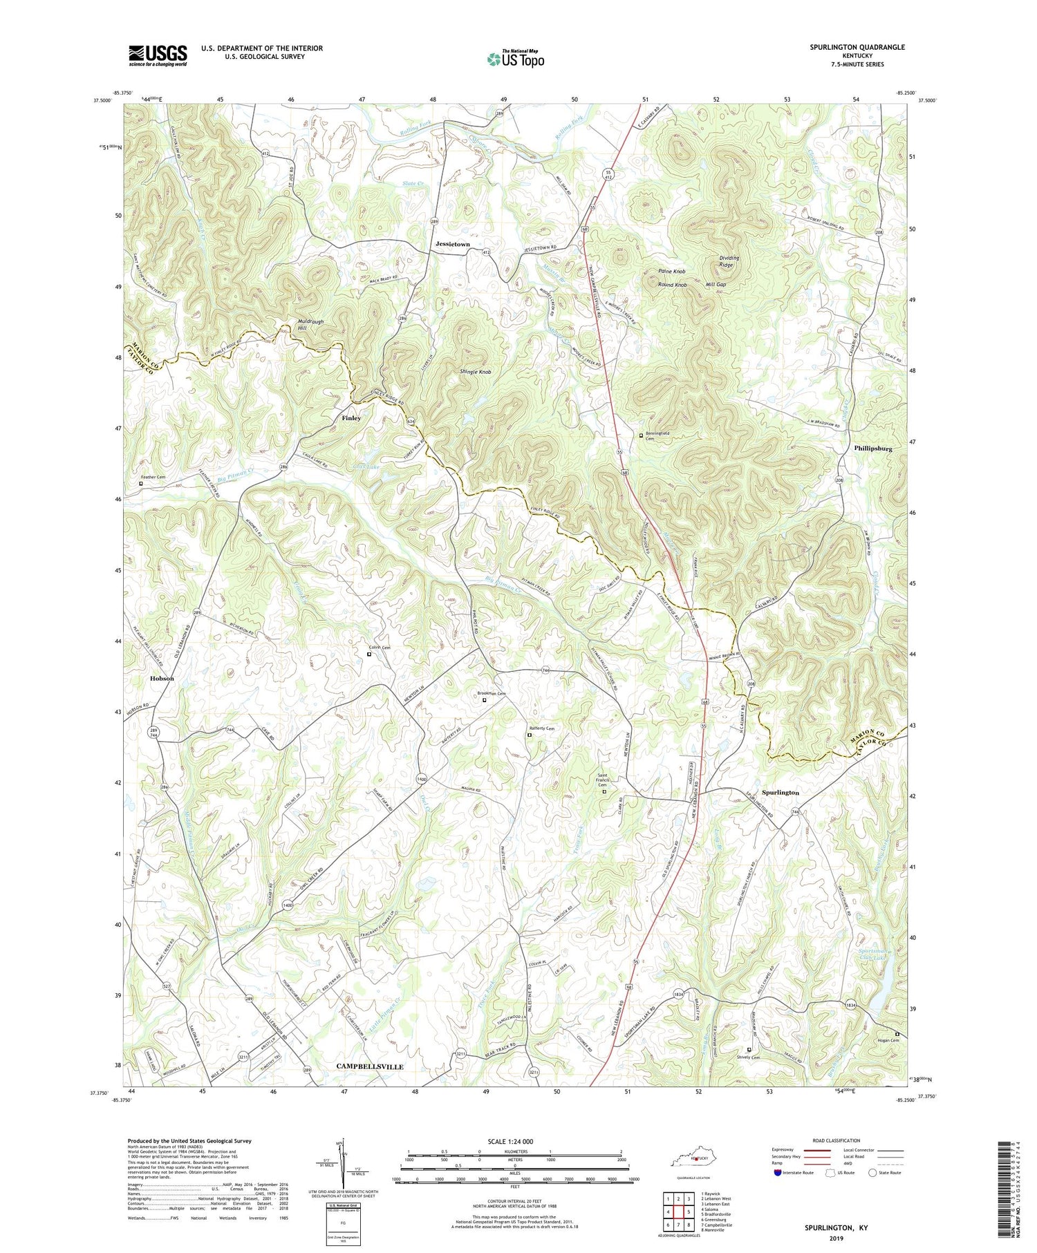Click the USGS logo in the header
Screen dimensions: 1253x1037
pos(158,55)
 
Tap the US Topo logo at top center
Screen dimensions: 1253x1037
pos(515,59)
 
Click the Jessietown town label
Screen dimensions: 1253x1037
pos(453,244)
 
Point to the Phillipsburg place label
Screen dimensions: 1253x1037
pos(872,449)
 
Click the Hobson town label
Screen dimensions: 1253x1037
pos(162,678)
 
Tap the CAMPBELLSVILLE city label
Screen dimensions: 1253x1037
pos(369,1066)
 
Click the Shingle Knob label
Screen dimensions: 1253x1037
pos(476,372)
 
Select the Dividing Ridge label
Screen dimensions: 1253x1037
pos(729,261)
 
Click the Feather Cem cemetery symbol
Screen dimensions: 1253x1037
pos(141,484)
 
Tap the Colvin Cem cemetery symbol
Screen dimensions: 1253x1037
pos(368,654)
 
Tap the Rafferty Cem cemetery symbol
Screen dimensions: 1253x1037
pos(530,735)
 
